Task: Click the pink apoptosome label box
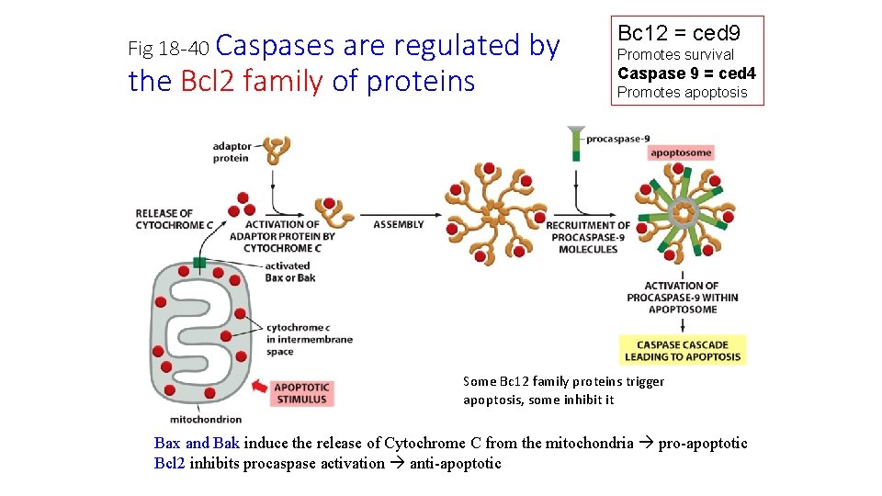[x=680, y=152]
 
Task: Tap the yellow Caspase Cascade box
[x=682, y=350]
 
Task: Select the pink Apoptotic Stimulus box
[x=300, y=392]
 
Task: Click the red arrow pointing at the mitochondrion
[x=259, y=388]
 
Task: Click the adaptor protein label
[x=231, y=152]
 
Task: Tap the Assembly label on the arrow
[x=399, y=224]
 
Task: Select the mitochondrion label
[x=212, y=419]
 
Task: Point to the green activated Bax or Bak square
[x=199, y=264]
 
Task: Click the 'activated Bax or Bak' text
[x=288, y=272]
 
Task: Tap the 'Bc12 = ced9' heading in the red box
[x=679, y=34]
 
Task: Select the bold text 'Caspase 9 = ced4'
[x=686, y=73]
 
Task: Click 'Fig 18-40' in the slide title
[x=169, y=47]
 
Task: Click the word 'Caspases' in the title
[x=279, y=45]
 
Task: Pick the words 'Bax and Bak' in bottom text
[x=197, y=443]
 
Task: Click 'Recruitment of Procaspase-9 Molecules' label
[x=588, y=237]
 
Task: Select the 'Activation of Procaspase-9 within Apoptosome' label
[x=682, y=298]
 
